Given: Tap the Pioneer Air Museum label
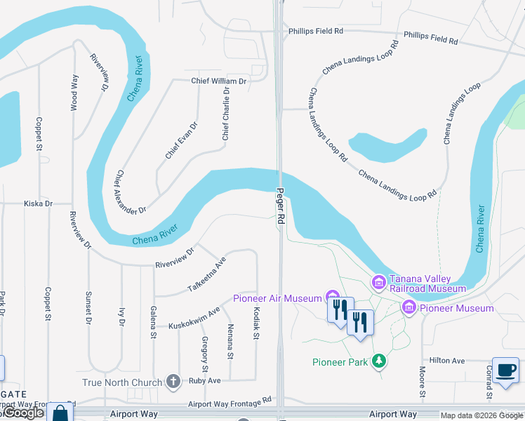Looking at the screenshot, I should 277,298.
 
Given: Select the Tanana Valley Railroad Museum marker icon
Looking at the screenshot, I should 379,282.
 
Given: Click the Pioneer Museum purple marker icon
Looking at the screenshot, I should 408,307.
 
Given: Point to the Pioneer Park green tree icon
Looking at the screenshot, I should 379,361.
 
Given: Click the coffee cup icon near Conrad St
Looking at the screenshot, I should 505,370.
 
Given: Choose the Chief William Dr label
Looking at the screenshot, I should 220,81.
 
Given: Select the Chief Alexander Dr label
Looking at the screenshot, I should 131,192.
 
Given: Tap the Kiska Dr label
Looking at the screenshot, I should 39,203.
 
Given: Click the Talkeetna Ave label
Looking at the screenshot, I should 207,275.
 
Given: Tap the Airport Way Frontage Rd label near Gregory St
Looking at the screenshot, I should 230,403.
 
